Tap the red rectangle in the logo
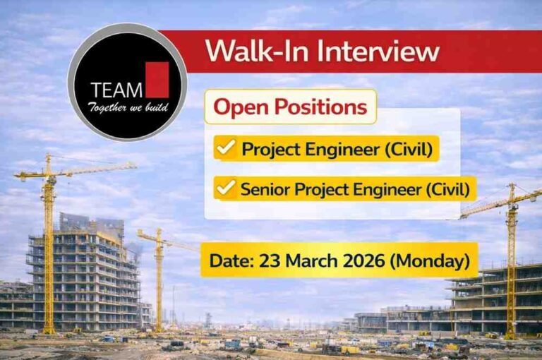[x=157, y=79]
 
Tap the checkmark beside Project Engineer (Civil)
[x=226, y=149]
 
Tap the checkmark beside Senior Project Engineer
[x=226, y=188]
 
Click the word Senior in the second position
[x=265, y=189]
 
